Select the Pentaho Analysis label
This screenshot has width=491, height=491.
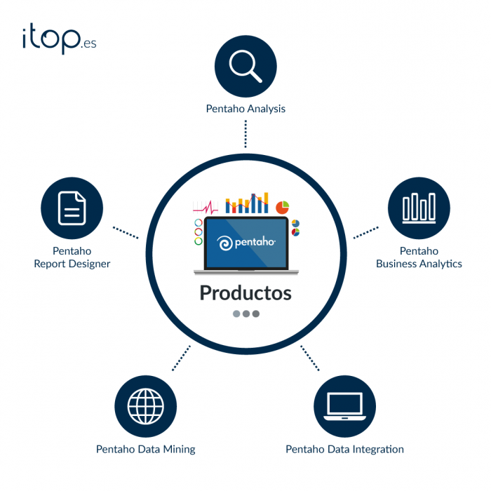[245, 109]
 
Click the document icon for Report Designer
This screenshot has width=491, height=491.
[72, 208]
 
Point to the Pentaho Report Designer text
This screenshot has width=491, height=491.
[72, 257]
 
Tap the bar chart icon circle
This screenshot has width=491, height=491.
[419, 208]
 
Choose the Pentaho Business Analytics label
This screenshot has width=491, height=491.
[419, 257]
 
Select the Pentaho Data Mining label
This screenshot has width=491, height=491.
[146, 449]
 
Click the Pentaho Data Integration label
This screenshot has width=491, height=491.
[344, 449]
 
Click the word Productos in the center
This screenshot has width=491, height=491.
[245, 292]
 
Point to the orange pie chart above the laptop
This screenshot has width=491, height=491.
[283, 207]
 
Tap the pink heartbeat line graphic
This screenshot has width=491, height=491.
[206, 208]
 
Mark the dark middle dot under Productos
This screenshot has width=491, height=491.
[246, 314]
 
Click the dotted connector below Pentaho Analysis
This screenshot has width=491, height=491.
[245, 133]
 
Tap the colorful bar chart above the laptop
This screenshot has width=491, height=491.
[247, 203]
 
